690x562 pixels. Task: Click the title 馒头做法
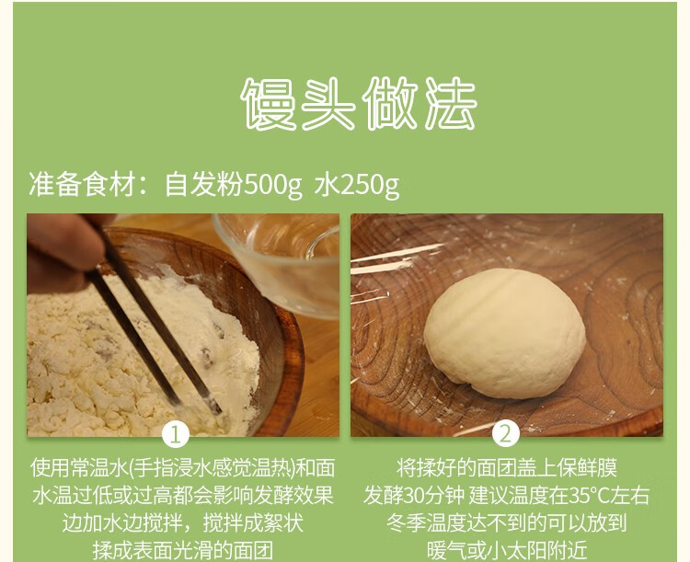pyautogui.click(x=359, y=104)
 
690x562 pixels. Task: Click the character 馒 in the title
pyautogui.click(x=268, y=104)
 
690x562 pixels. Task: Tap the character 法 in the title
pyautogui.click(x=450, y=104)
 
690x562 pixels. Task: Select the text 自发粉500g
pyautogui.click(x=234, y=184)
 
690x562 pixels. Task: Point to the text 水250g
pyautogui.click(x=357, y=184)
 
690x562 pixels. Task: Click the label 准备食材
pyautogui.click(x=82, y=184)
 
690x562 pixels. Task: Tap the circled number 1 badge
pyautogui.click(x=176, y=434)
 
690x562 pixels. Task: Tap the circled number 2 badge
pyautogui.click(x=506, y=434)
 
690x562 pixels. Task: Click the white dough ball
pyautogui.click(x=504, y=333)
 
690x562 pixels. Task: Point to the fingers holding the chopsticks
pyautogui.click(x=62, y=251)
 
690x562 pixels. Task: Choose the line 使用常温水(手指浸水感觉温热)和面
pyautogui.click(x=183, y=467)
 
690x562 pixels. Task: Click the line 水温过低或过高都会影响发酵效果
pyautogui.click(x=183, y=495)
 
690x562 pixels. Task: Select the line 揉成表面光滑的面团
pyautogui.click(x=183, y=550)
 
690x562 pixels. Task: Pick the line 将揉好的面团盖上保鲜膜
pyautogui.click(x=507, y=467)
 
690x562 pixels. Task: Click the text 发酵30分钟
pyautogui.click(x=414, y=495)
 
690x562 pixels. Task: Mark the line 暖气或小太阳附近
pyautogui.click(x=507, y=550)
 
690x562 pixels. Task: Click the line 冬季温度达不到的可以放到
pyautogui.click(x=507, y=522)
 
